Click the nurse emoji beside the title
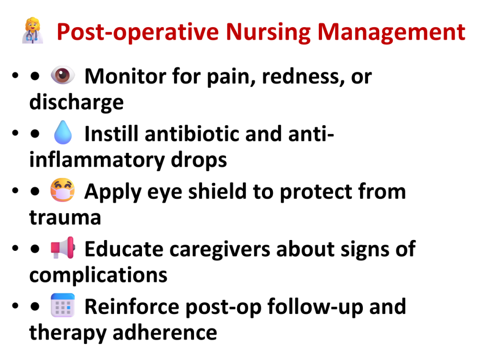[x=33, y=30]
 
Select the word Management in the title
[x=391, y=32]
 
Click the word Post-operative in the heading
[x=138, y=32]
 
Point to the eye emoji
[x=62, y=75]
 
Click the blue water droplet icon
[x=63, y=133]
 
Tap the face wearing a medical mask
[x=62, y=190]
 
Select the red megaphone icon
[x=63, y=247]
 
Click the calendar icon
[x=63, y=305]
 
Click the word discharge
[x=76, y=102]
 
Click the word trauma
[x=65, y=217]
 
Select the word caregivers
[x=220, y=249]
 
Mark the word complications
[x=98, y=275]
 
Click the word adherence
[x=165, y=333]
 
